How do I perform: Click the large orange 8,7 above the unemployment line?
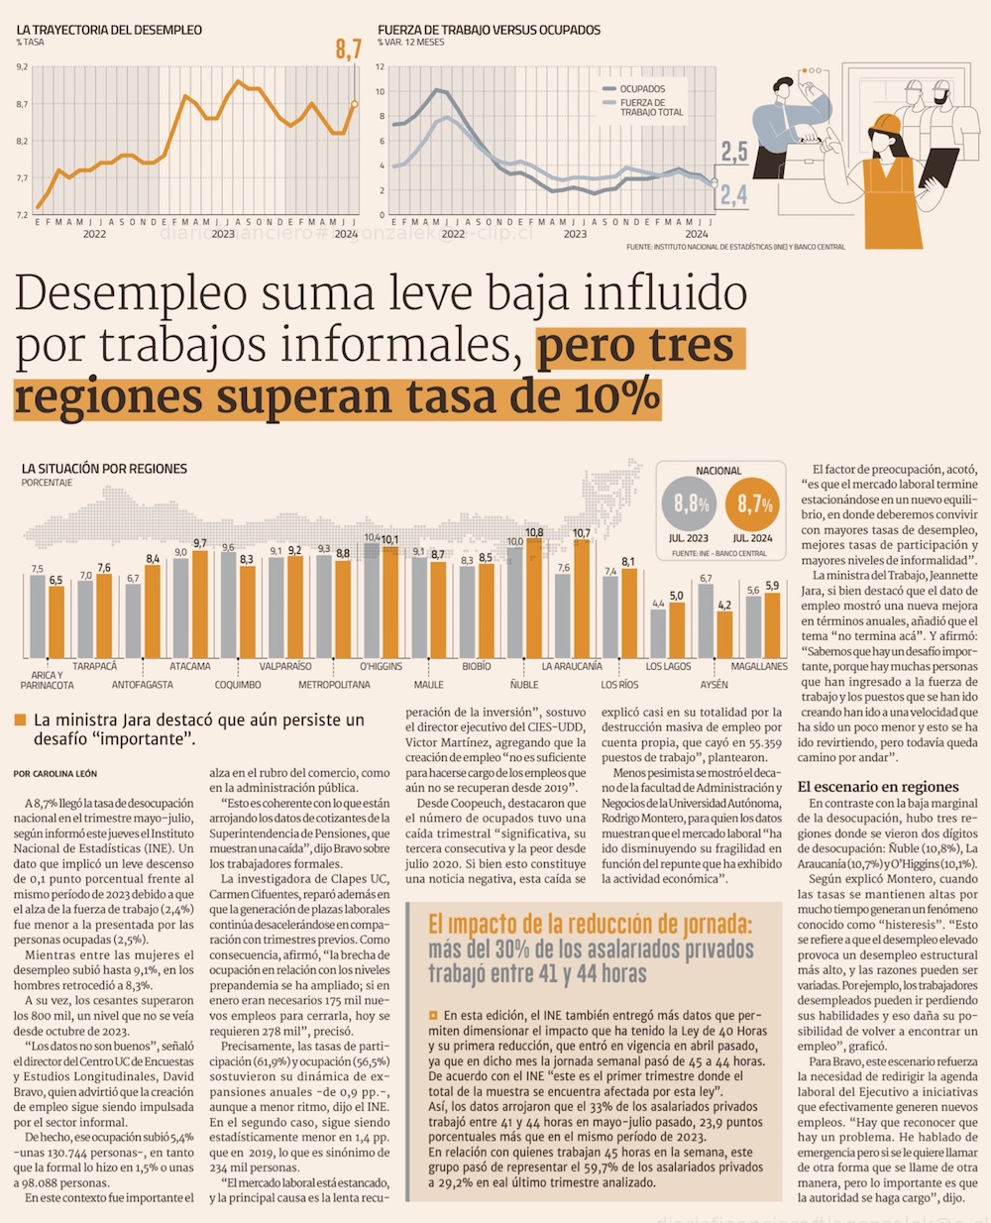[x=348, y=49]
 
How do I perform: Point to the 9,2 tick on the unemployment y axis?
[x=22, y=67]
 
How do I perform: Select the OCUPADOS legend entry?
[x=642, y=89]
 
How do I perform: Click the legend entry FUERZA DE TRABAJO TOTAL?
[x=651, y=107]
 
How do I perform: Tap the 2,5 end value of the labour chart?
[x=733, y=152]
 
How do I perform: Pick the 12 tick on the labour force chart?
[x=380, y=67]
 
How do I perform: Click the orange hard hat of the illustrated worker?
[x=886, y=123]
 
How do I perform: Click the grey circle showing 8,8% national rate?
[x=691, y=504]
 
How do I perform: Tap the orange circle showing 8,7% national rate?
[x=754, y=504]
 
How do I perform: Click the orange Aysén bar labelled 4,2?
[x=724, y=632]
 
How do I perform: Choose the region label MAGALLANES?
[x=759, y=666]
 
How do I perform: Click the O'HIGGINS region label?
[x=381, y=666]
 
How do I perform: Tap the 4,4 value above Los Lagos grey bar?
[x=658, y=604]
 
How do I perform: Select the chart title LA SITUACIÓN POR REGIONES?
[x=104, y=469]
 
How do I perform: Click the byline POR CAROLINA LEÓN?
[x=55, y=773]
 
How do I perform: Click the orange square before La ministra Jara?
[x=20, y=721]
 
